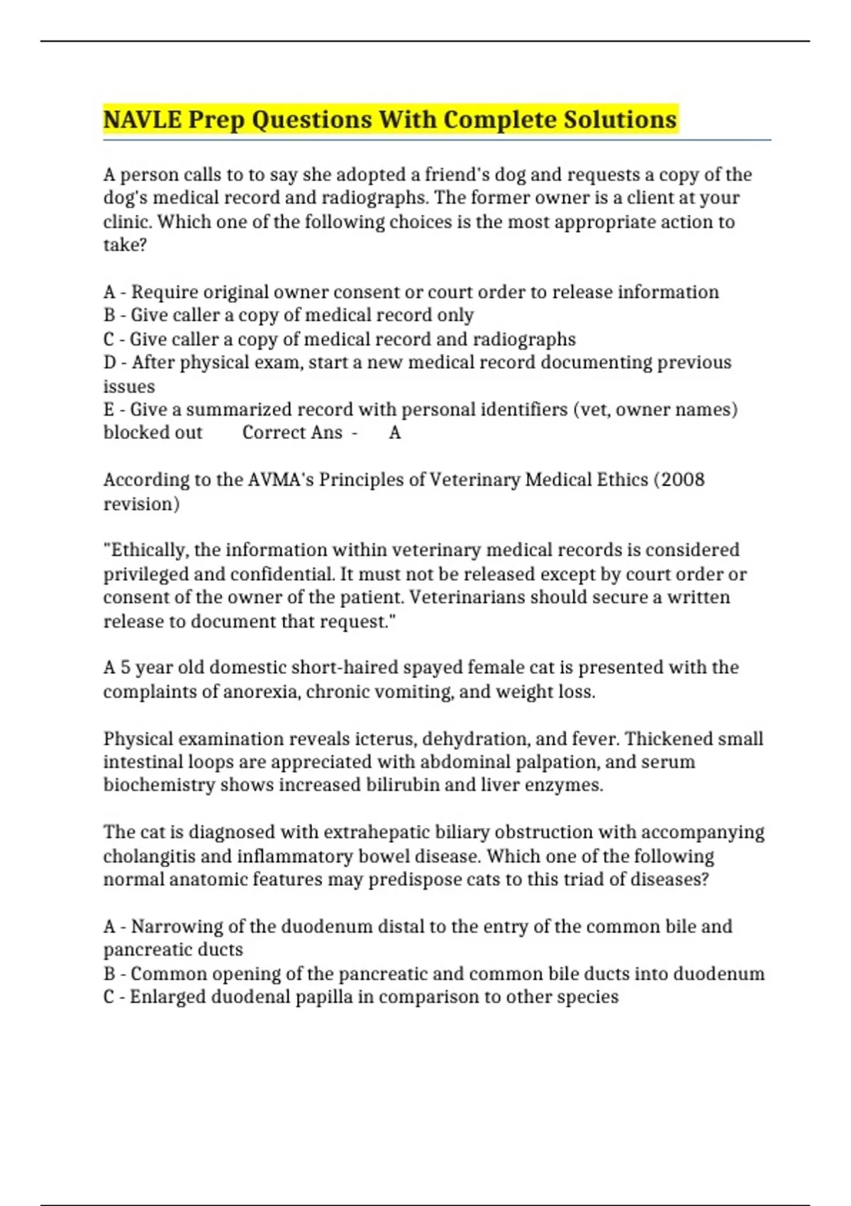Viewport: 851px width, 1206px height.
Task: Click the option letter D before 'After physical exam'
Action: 110,363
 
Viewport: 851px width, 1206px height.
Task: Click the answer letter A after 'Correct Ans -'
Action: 395,433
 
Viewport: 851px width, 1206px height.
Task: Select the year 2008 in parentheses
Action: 682,480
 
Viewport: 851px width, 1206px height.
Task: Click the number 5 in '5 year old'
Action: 125,668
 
